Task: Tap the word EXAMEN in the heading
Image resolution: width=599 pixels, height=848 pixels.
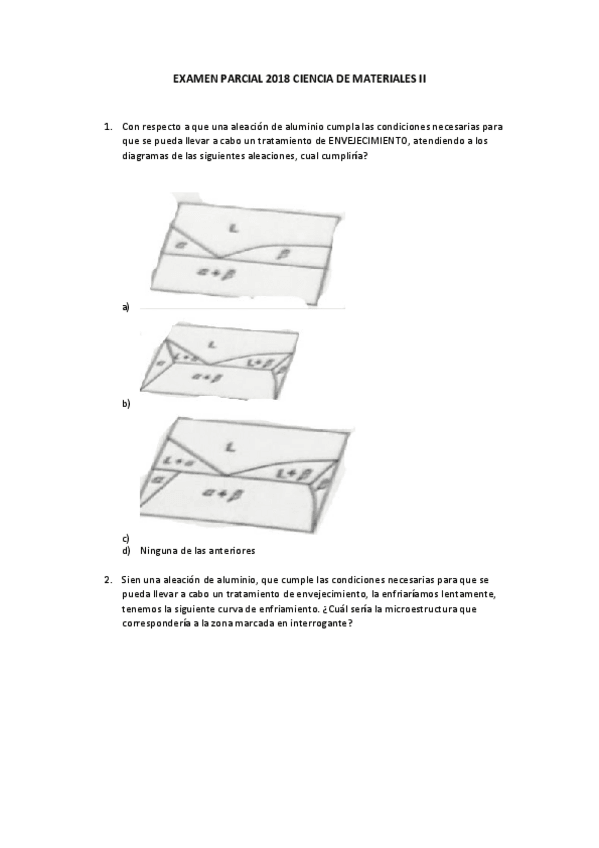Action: [194, 76]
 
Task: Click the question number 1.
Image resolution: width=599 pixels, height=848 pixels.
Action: [107, 127]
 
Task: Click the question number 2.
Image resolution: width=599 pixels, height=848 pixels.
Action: [107, 579]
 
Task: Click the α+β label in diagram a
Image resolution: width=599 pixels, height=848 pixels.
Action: [237, 271]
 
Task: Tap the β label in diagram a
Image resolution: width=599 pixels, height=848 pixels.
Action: [283, 255]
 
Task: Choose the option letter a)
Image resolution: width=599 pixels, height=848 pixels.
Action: [126, 307]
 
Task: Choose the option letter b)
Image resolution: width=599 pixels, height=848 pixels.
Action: [126, 404]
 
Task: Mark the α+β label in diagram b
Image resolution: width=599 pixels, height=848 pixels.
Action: [207, 377]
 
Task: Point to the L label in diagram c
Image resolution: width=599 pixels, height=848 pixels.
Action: [230, 446]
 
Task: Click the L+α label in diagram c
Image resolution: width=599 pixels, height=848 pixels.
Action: [180, 461]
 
